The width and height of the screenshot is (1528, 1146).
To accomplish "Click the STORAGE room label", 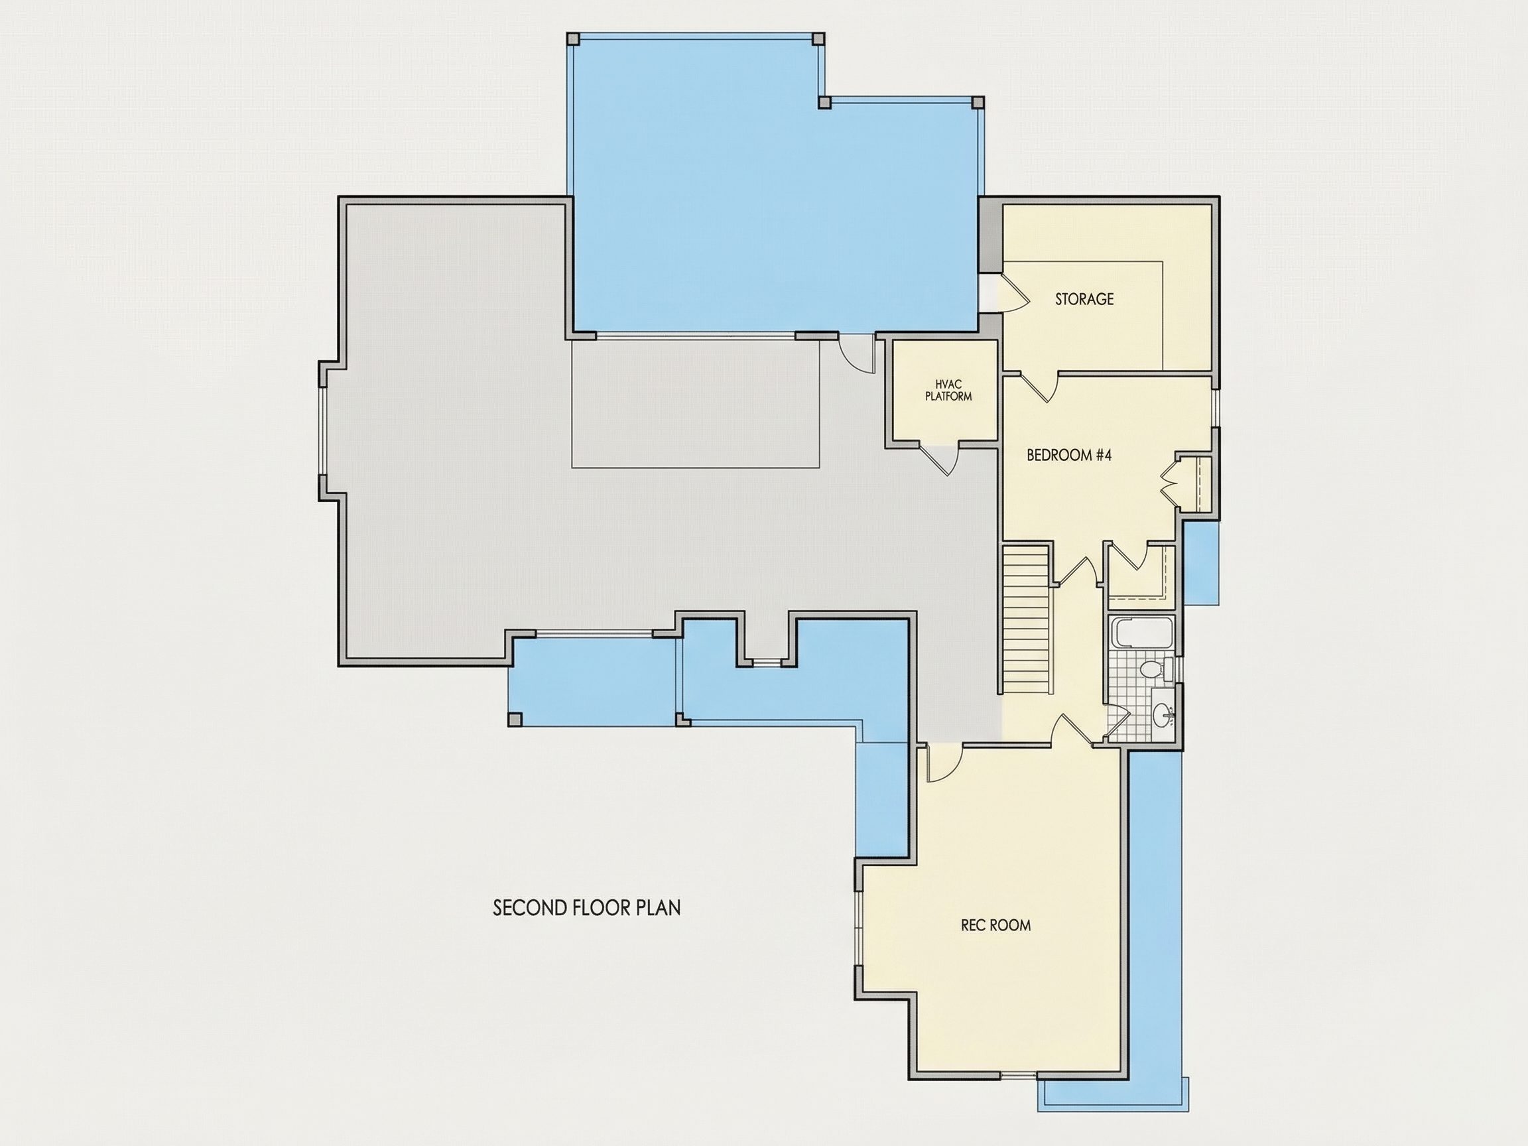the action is click(1084, 299).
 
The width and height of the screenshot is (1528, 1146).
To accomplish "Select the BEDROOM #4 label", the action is click(1068, 455).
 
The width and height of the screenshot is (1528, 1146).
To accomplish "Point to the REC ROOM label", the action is click(996, 925).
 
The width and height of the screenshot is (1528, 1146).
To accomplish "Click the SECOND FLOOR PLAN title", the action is click(586, 908).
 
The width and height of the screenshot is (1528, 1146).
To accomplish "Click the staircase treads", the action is click(1026, 620).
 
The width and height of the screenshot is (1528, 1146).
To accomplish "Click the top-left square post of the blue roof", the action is click(572, 38).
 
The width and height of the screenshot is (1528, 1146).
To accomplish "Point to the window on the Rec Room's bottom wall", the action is click(1018, 1075).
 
